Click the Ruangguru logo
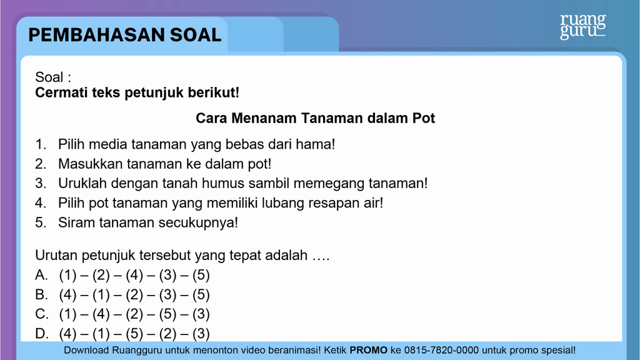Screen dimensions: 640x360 pos(583,26)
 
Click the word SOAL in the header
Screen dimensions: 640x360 pos(196,35)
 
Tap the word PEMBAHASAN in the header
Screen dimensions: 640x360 pos(96,35)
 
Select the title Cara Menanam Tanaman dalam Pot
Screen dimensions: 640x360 pos(315,118)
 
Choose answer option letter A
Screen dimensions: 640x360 pos(41,275)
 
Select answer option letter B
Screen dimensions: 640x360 pos(41,295)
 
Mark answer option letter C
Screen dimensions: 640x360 pos(41,314)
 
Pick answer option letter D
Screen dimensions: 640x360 pos(41,334)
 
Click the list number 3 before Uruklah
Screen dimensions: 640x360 pos(41,183)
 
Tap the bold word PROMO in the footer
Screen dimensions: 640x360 pos(368,350)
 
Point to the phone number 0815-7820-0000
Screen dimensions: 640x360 pos(441,350)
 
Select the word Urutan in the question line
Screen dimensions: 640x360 pos(56,255)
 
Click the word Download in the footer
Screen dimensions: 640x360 pos(86,350)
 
